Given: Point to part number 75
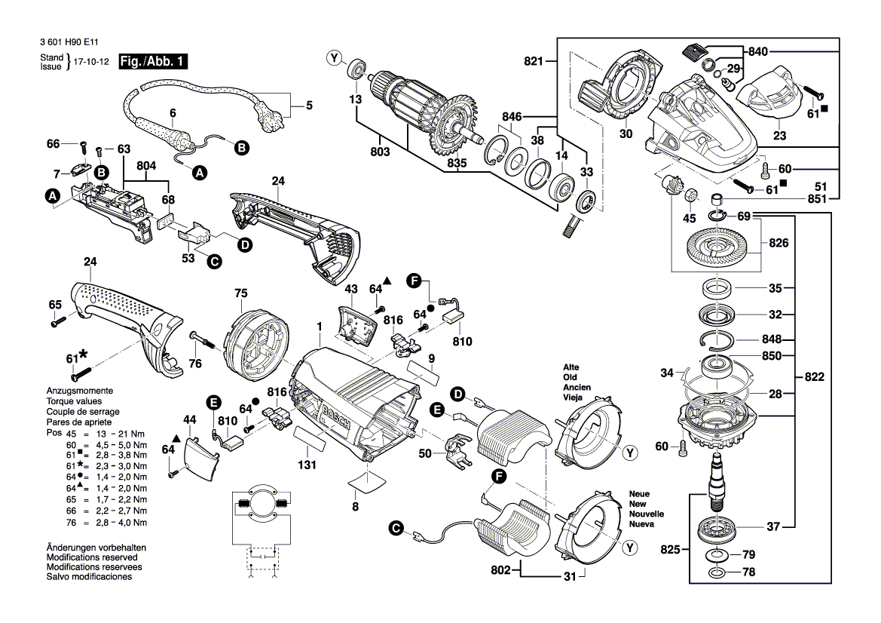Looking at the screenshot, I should pos(240,293).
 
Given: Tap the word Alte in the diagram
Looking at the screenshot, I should pos(571,367).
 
